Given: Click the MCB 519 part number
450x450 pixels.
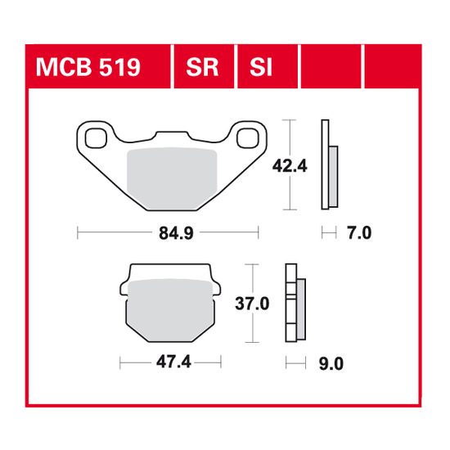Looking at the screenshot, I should tap(88, 66).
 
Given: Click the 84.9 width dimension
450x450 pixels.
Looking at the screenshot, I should tap(168, 233).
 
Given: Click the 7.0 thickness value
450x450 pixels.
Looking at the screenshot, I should tap(359, 233).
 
